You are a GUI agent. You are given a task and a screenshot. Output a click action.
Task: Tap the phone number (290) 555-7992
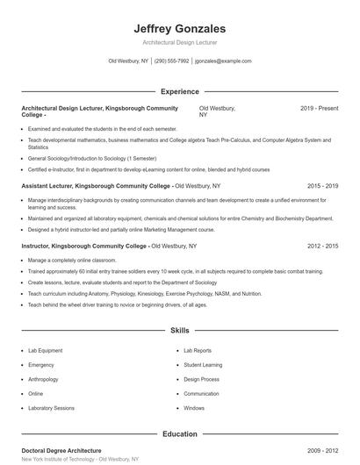coord(171,61)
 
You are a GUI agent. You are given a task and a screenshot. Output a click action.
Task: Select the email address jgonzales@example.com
coord(223,61)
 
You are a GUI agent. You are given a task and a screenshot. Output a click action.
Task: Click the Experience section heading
coord(179,91)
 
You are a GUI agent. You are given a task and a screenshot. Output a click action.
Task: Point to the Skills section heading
coord(179,331)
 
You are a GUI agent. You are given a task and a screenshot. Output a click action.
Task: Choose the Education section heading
coord(179,433)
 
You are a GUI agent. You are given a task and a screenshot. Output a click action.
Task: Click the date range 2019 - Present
coord(319,108)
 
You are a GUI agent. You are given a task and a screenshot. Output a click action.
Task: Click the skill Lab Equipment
coord(45,350)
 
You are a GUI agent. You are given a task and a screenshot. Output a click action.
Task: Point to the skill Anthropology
coord(43,379)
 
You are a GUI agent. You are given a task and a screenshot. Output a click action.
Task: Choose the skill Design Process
coord(201,379)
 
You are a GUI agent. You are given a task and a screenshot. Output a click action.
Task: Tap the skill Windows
coord(194,408)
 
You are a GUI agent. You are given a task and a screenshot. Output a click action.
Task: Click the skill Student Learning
coord(203,364)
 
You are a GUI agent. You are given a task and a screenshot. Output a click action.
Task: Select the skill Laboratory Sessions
coord(51,408)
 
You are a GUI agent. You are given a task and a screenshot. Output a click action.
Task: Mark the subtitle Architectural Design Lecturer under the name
coord(179,42)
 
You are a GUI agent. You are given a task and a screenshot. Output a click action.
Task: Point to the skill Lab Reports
coord(198,350)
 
